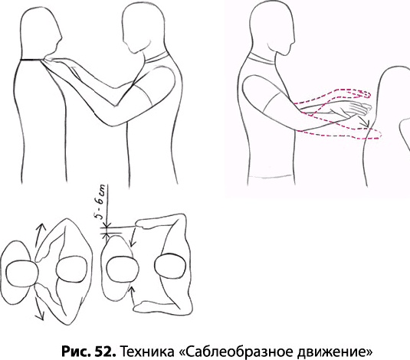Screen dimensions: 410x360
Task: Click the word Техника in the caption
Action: point(147,352)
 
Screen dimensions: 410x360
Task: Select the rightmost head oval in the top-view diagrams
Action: point(170,267)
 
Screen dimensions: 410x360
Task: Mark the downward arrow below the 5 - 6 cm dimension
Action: point(133,237)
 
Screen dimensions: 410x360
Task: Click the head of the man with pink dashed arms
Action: point(272,29)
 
